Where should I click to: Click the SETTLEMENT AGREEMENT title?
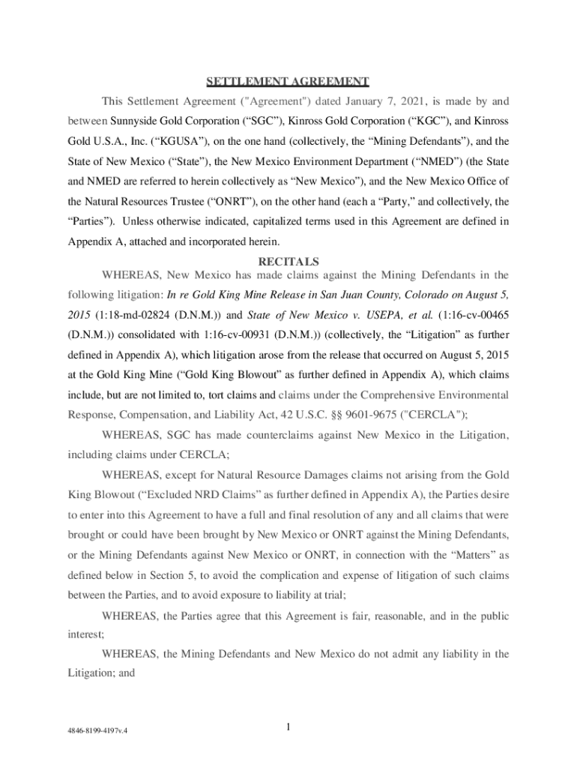(288, 81)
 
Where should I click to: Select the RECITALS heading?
(288, 262)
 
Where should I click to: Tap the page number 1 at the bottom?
(288, 726)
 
